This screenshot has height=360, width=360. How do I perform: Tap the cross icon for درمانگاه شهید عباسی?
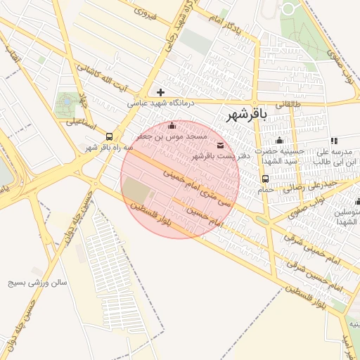161,92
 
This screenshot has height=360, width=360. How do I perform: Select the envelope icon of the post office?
221,146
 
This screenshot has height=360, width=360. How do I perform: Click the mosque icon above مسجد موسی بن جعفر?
173,126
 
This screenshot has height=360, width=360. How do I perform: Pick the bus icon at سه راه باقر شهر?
109,136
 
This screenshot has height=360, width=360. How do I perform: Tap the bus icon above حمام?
266,179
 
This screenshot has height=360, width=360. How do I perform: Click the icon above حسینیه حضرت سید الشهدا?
279,140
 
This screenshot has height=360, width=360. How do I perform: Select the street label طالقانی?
287,104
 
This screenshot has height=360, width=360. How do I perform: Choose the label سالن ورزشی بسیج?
37,283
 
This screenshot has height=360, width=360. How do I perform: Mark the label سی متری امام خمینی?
198,186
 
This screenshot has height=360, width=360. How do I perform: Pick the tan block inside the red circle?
136,190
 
